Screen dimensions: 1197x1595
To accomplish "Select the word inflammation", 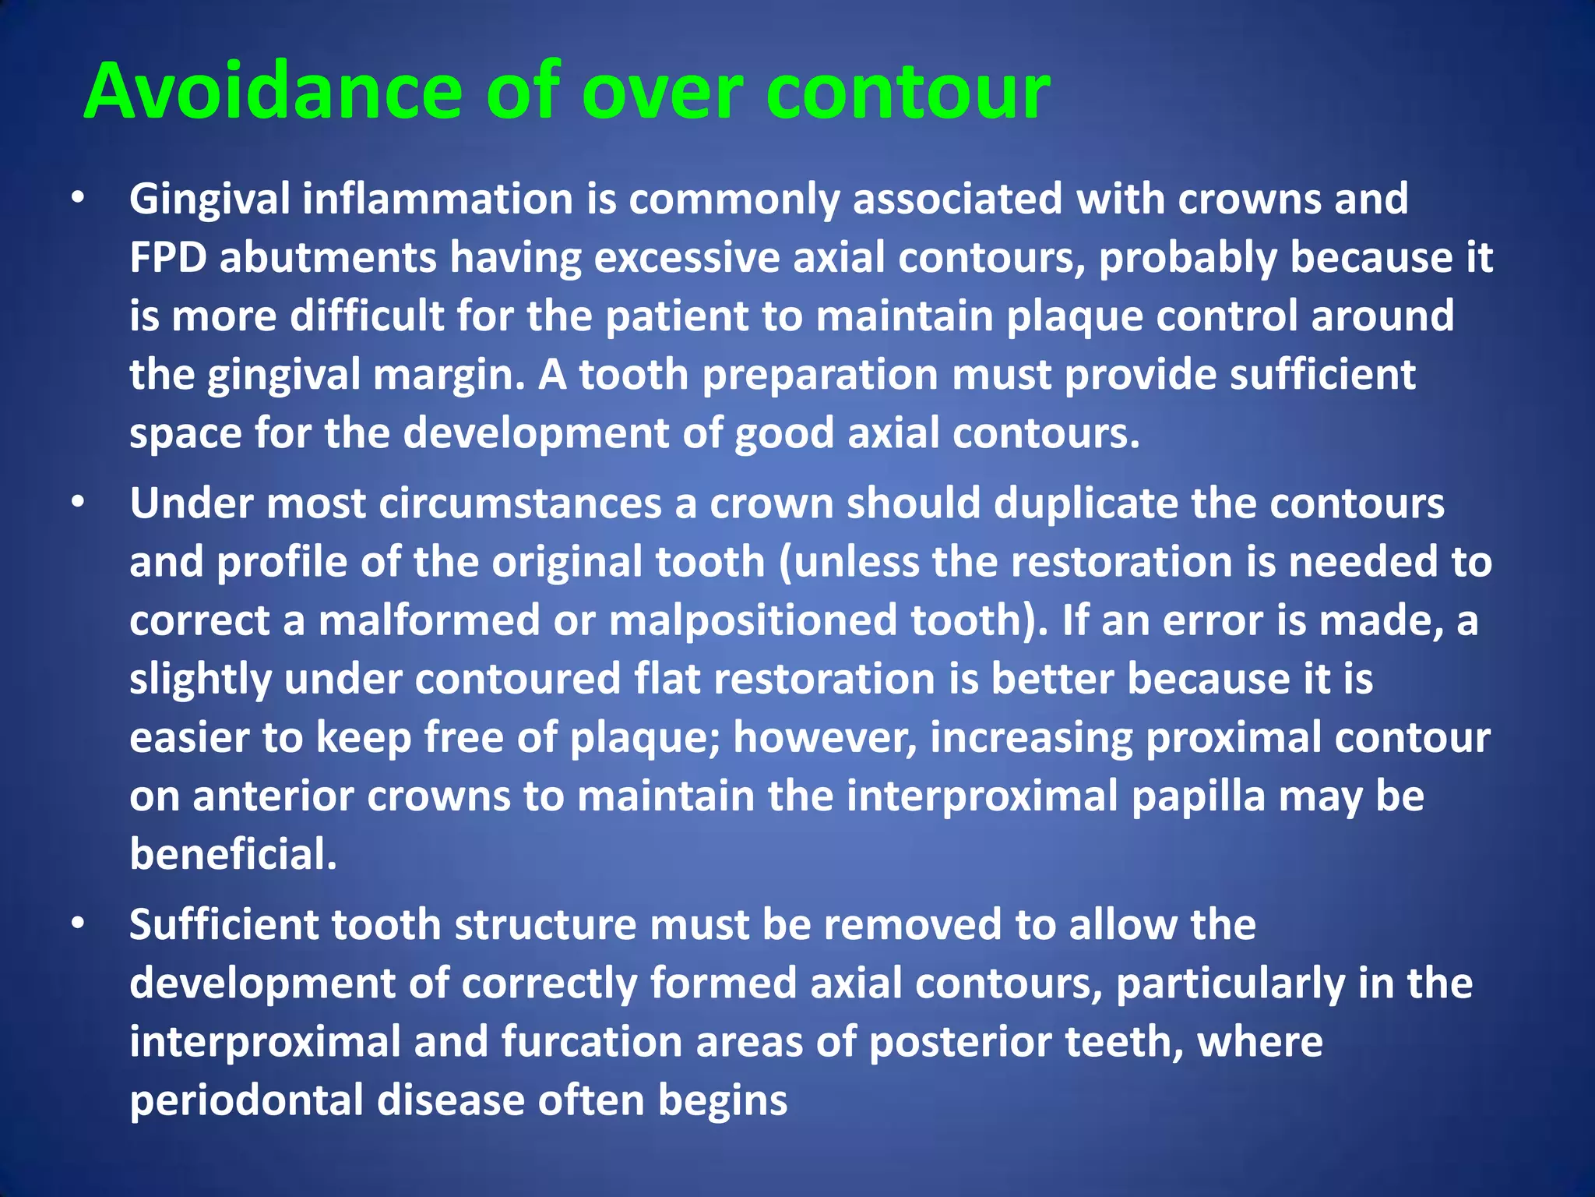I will [x=438, y=199].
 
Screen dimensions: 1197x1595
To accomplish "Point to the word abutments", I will [x=328, y=258].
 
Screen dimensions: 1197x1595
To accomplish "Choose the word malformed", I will [x=429, y=621].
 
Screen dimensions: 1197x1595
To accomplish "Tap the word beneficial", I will [x=233, y=855].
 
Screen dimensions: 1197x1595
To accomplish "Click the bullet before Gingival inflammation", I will [x=77, y=199].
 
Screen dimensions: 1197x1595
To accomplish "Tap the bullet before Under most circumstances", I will [x=77, y=504].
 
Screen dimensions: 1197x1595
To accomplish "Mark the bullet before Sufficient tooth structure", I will [x=77, y=925].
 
